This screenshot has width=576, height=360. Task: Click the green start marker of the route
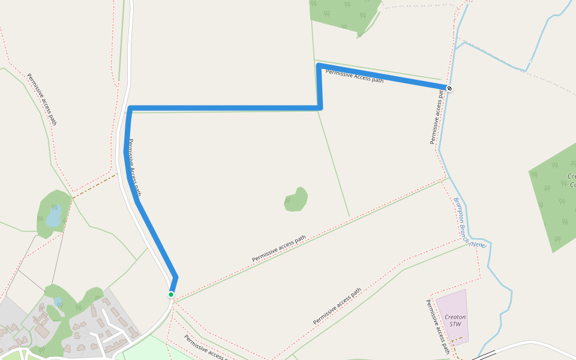click(171, 294)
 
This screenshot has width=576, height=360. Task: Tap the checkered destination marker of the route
click(449, 89)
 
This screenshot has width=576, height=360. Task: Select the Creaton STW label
click(455, 320)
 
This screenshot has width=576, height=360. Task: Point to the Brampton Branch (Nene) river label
click(470, 223)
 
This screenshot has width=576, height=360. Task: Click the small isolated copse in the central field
click(296, 199)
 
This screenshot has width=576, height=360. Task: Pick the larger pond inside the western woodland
click(53, 215)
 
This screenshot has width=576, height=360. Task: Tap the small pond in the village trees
click(58, 301)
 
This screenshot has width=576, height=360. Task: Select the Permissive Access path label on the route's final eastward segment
click(354, 76)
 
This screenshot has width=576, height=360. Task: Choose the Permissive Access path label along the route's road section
click(135, 168)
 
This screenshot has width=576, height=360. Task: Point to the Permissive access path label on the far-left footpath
click(42, 99)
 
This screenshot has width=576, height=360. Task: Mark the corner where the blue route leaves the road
click(130, 109)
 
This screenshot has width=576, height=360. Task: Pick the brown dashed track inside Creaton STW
click(457, 340)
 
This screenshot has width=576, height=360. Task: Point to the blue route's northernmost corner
click(319, 65)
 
